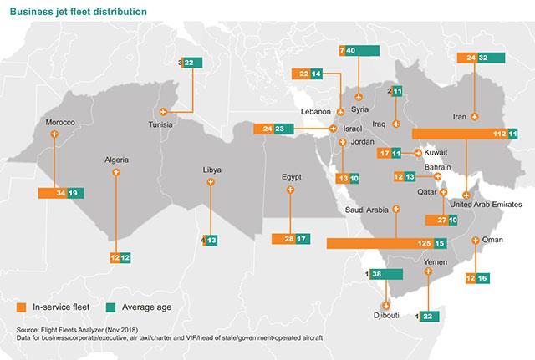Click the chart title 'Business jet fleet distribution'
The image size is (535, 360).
[x=73, y=11]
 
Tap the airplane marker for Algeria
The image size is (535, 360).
[x=115, y=172]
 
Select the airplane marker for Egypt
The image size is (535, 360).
[x=290, y=190]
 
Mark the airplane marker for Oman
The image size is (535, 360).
[x=475, y=241]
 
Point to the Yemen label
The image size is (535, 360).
[x=436, y=261]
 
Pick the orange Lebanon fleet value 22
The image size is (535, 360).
[x=303, y=74]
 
